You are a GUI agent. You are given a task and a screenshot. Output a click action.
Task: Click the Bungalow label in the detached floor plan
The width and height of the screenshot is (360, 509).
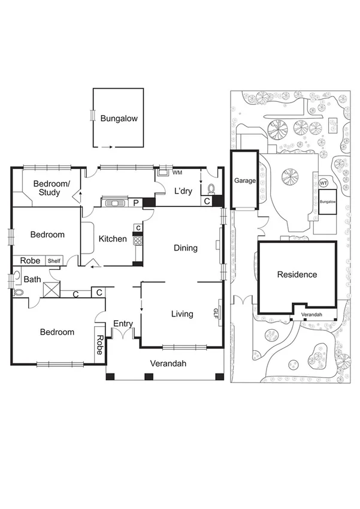[119, 119]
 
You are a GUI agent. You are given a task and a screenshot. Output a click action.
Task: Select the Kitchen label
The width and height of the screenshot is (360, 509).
[113, 239]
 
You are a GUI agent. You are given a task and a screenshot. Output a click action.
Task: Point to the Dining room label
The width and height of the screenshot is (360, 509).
[186, 248]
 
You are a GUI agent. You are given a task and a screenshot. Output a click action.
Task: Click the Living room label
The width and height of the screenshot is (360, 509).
[182, 314]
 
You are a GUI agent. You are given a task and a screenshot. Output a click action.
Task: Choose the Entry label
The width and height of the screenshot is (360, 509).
[123, 324]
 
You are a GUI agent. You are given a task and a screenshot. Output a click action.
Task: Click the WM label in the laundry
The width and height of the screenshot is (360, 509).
[177, 173]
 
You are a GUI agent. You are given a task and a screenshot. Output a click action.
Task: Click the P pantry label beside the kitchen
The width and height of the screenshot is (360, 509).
[136, 203]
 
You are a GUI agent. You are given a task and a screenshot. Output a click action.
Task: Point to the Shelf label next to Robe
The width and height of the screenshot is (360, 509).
[55, 261]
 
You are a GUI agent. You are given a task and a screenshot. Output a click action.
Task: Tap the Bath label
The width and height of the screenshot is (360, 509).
[32, 279]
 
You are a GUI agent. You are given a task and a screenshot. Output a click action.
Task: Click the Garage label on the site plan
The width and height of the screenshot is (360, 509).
[244, 180]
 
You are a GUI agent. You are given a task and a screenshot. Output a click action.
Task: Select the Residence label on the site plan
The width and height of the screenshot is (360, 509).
[297, 275]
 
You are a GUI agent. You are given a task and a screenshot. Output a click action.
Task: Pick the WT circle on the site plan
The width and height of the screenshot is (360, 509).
[323, 182]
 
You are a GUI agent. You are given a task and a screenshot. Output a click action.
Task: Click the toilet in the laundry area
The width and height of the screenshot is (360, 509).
[210, 189]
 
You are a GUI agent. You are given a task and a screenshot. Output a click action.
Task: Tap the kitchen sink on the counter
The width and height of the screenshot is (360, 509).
[113, 203]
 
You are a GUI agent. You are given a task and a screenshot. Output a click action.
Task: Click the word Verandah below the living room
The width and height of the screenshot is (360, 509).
[168, 364]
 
